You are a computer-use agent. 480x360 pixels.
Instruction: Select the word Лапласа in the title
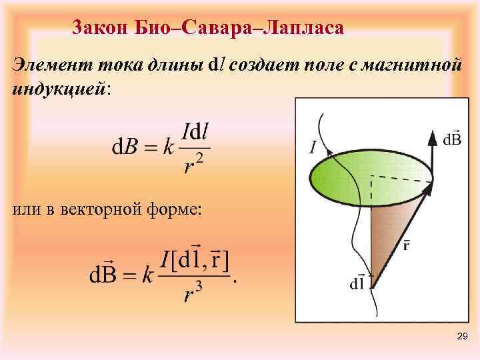tap(305, 28)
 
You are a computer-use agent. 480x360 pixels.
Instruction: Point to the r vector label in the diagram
tap(407, 245)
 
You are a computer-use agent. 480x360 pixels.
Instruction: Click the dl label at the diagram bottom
tap(357, 282)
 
